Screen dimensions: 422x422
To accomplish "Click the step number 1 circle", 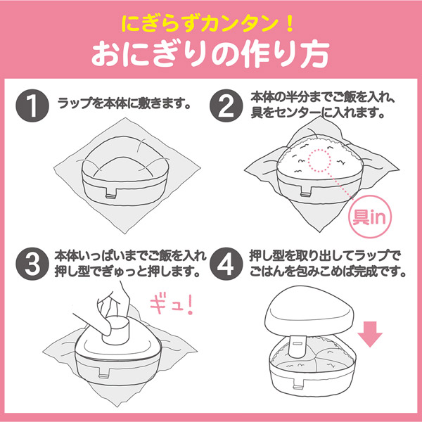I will (30, 104).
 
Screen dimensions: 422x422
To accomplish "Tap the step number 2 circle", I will (227, 104).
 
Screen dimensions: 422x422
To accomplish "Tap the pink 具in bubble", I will (369, 210).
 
